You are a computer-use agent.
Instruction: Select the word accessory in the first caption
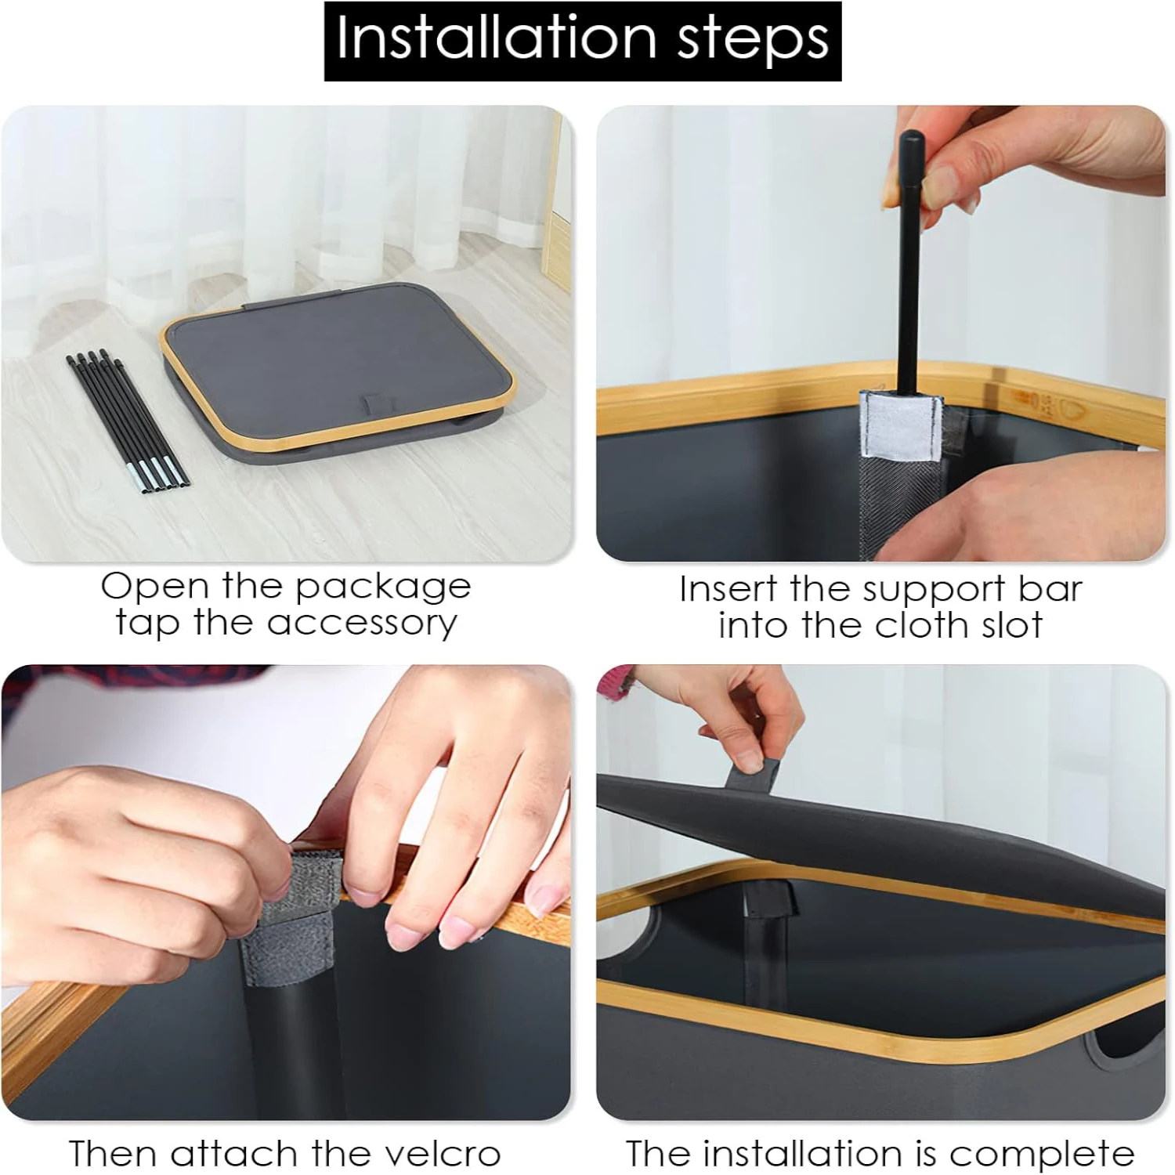362,624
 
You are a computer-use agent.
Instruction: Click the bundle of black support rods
128,423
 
